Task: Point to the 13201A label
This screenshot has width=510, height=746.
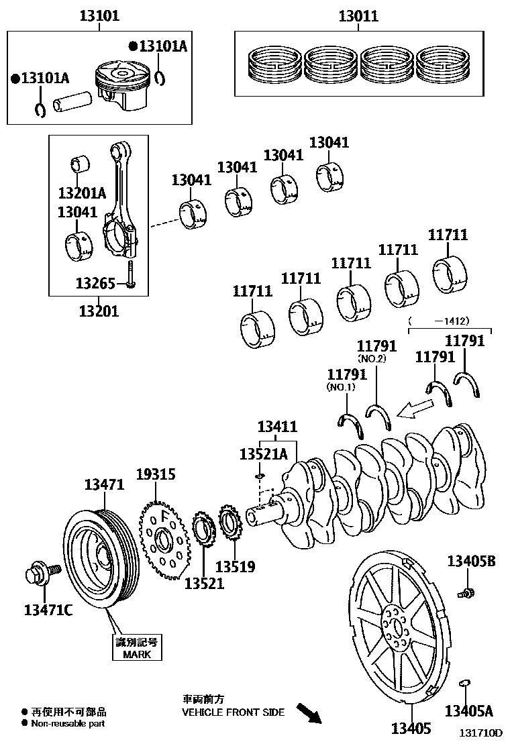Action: [82, 193]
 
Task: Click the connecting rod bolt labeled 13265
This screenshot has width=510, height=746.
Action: [131, 274]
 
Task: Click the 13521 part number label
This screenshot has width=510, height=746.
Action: [204, 583]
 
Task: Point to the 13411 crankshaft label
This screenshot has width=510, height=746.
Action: [277, 427]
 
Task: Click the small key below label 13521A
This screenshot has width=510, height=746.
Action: [260, 476]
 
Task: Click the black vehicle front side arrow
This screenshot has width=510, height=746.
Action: [309, 713]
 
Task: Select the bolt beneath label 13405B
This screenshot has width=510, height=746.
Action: [466, 592]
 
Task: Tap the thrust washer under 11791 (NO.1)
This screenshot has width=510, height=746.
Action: [350, 425]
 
